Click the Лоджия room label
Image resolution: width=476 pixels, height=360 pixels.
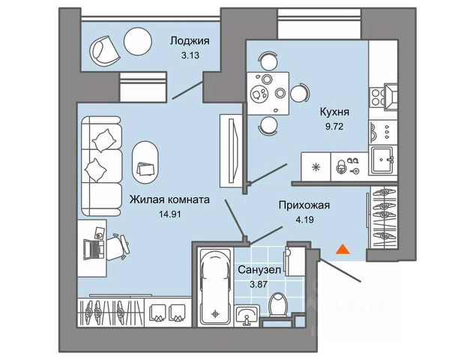coord(188,42)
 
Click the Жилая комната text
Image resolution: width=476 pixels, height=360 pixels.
coord(169,200)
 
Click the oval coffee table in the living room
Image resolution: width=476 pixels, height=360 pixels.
coord(146,160)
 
